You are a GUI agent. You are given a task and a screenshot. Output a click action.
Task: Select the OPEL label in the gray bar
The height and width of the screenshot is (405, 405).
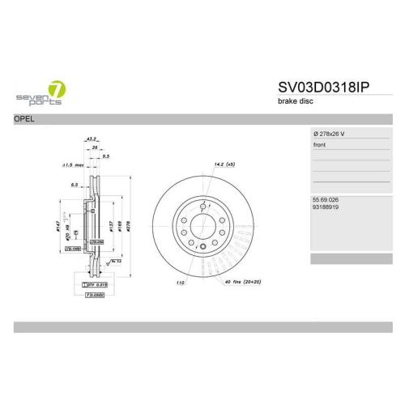point(24,119)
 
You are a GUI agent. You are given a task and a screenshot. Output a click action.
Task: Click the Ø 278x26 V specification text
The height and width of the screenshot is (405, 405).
point(329,132)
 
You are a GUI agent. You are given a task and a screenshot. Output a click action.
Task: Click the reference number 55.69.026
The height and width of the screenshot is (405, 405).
point(326,198)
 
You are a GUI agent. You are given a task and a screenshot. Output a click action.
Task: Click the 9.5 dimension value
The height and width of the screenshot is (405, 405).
point(105,156)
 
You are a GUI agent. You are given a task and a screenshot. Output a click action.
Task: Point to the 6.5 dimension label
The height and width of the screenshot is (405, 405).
point(75,185)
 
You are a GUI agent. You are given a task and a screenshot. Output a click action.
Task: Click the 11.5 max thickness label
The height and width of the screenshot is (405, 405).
point(74,165)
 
